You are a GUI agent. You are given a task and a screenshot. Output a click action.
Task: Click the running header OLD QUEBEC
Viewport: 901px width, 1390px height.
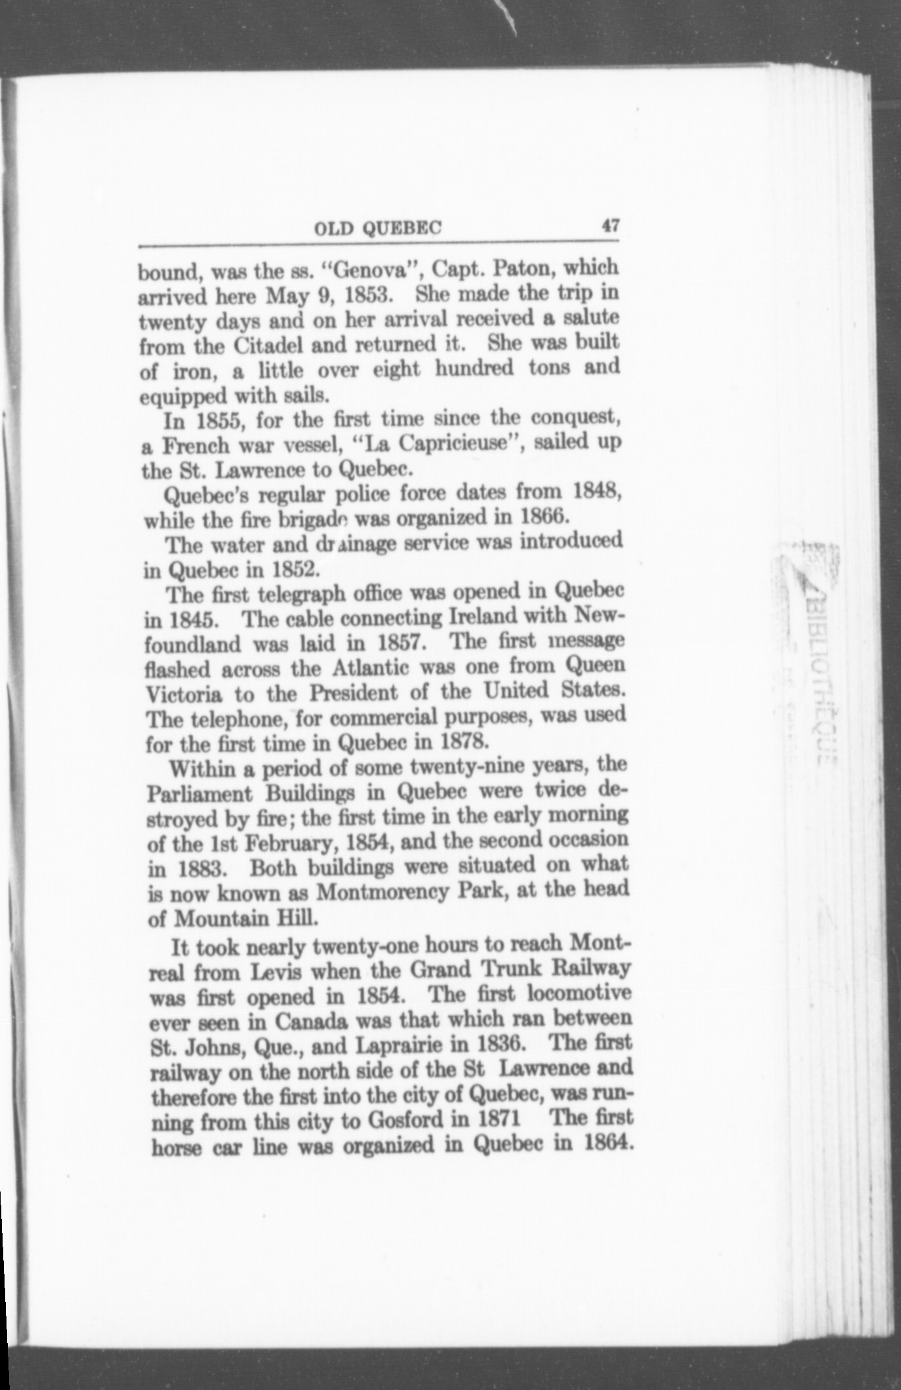378,228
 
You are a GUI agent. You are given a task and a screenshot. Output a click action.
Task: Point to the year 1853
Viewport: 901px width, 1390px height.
367,295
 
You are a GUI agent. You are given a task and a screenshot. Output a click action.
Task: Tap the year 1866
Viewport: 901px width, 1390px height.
545,517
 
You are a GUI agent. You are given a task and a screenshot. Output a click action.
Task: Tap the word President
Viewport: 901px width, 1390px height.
353,692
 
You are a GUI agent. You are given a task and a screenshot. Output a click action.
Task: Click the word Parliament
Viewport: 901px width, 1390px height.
199,795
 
